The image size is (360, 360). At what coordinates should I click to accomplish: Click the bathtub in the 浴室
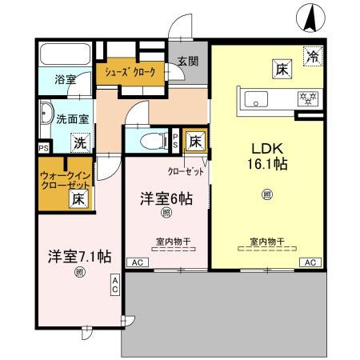[66, 54]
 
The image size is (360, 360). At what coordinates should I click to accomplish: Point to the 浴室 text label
[65, 80]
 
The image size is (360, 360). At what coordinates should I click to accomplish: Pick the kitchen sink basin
[257, 98]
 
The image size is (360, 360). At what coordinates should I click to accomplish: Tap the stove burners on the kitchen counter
[305, 99]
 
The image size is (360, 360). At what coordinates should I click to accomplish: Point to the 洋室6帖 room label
[166, 199]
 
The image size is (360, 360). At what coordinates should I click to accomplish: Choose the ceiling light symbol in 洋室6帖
[166, 213]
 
